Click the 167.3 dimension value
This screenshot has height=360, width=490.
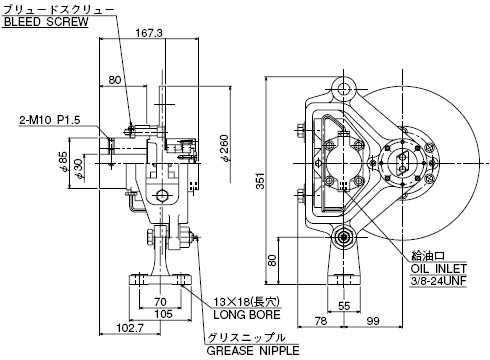pyautogui.click(x=149, y=33)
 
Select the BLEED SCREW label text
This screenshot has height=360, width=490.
pyautogui.click(x=46, y=22)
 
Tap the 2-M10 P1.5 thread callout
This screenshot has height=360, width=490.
pyautogui.click(x=50, y=120)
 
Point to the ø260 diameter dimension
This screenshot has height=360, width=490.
pyautogui.click(x=225, y=148)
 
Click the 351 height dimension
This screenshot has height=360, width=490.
pyautogui.click(x=260, y=181)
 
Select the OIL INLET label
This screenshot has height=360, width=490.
pyautogui.click(x=439, y=268)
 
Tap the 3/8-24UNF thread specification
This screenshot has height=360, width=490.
pyautogui.click(x=439, y=281)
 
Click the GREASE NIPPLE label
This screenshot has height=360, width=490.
pyautogui.click(x=253, y=351)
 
